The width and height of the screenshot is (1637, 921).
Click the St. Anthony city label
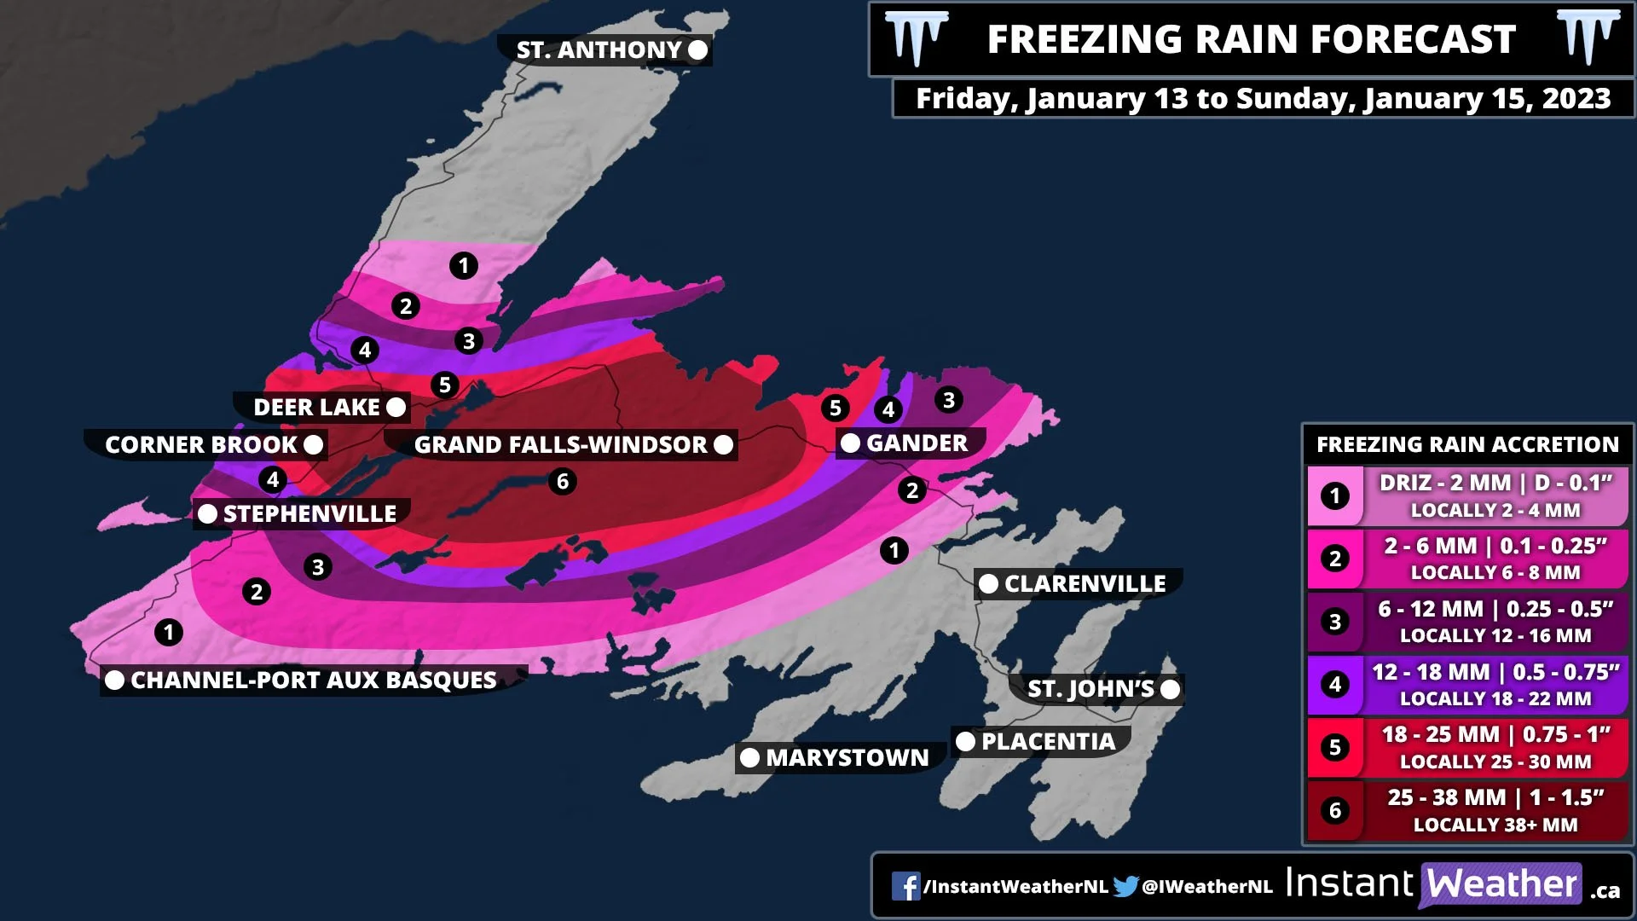599,50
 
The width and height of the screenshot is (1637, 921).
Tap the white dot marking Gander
850,443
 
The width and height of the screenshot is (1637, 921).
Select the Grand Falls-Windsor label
560,445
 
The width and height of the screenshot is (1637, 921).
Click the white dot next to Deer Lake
396,408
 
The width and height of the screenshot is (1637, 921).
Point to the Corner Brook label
200,445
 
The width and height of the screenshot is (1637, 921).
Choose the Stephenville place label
309,514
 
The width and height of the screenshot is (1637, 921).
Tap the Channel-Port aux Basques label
313,681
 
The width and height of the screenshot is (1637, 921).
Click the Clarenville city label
1085,584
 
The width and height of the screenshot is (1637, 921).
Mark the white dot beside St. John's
1171,689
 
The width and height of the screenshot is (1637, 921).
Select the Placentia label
1048,742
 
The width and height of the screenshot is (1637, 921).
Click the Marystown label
847,758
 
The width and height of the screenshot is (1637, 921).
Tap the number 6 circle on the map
562,482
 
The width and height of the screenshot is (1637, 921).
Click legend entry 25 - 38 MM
1495,810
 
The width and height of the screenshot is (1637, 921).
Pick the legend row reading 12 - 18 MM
1495,684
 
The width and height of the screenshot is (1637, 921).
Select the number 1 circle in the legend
1335,496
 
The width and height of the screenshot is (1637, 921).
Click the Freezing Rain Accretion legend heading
1466,444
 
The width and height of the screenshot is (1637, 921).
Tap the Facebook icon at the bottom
905,887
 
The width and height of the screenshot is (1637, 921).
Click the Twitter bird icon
1125,887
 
